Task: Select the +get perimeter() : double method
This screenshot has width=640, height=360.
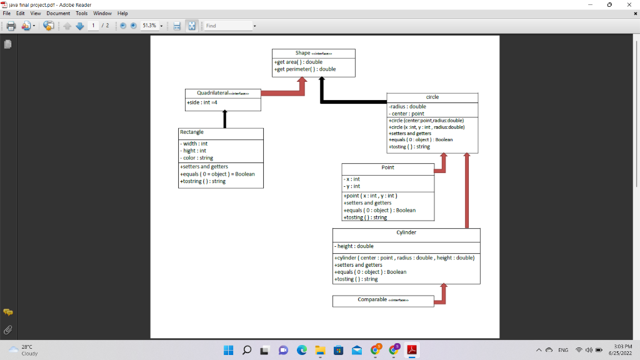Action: coord(305,69)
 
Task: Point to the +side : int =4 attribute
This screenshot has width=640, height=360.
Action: coord(202,102)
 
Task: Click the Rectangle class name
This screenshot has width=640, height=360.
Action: coord(192,132)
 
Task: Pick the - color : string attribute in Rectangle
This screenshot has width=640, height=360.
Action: coord(197,158)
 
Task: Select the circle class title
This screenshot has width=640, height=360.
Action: coord(432,97)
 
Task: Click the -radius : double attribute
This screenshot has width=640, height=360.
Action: coord(407,107)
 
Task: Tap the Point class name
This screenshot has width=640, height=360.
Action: coord(387,167)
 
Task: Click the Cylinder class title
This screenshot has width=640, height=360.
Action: coord(406,232)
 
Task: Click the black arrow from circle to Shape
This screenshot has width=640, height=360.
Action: coord(350,101)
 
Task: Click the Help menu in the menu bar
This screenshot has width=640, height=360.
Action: coord(122,13)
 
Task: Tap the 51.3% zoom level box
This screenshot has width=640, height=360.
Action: coord(149,26)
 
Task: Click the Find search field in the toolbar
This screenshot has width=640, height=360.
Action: coord(228,26)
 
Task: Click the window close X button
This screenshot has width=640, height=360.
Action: coord(627,4)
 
